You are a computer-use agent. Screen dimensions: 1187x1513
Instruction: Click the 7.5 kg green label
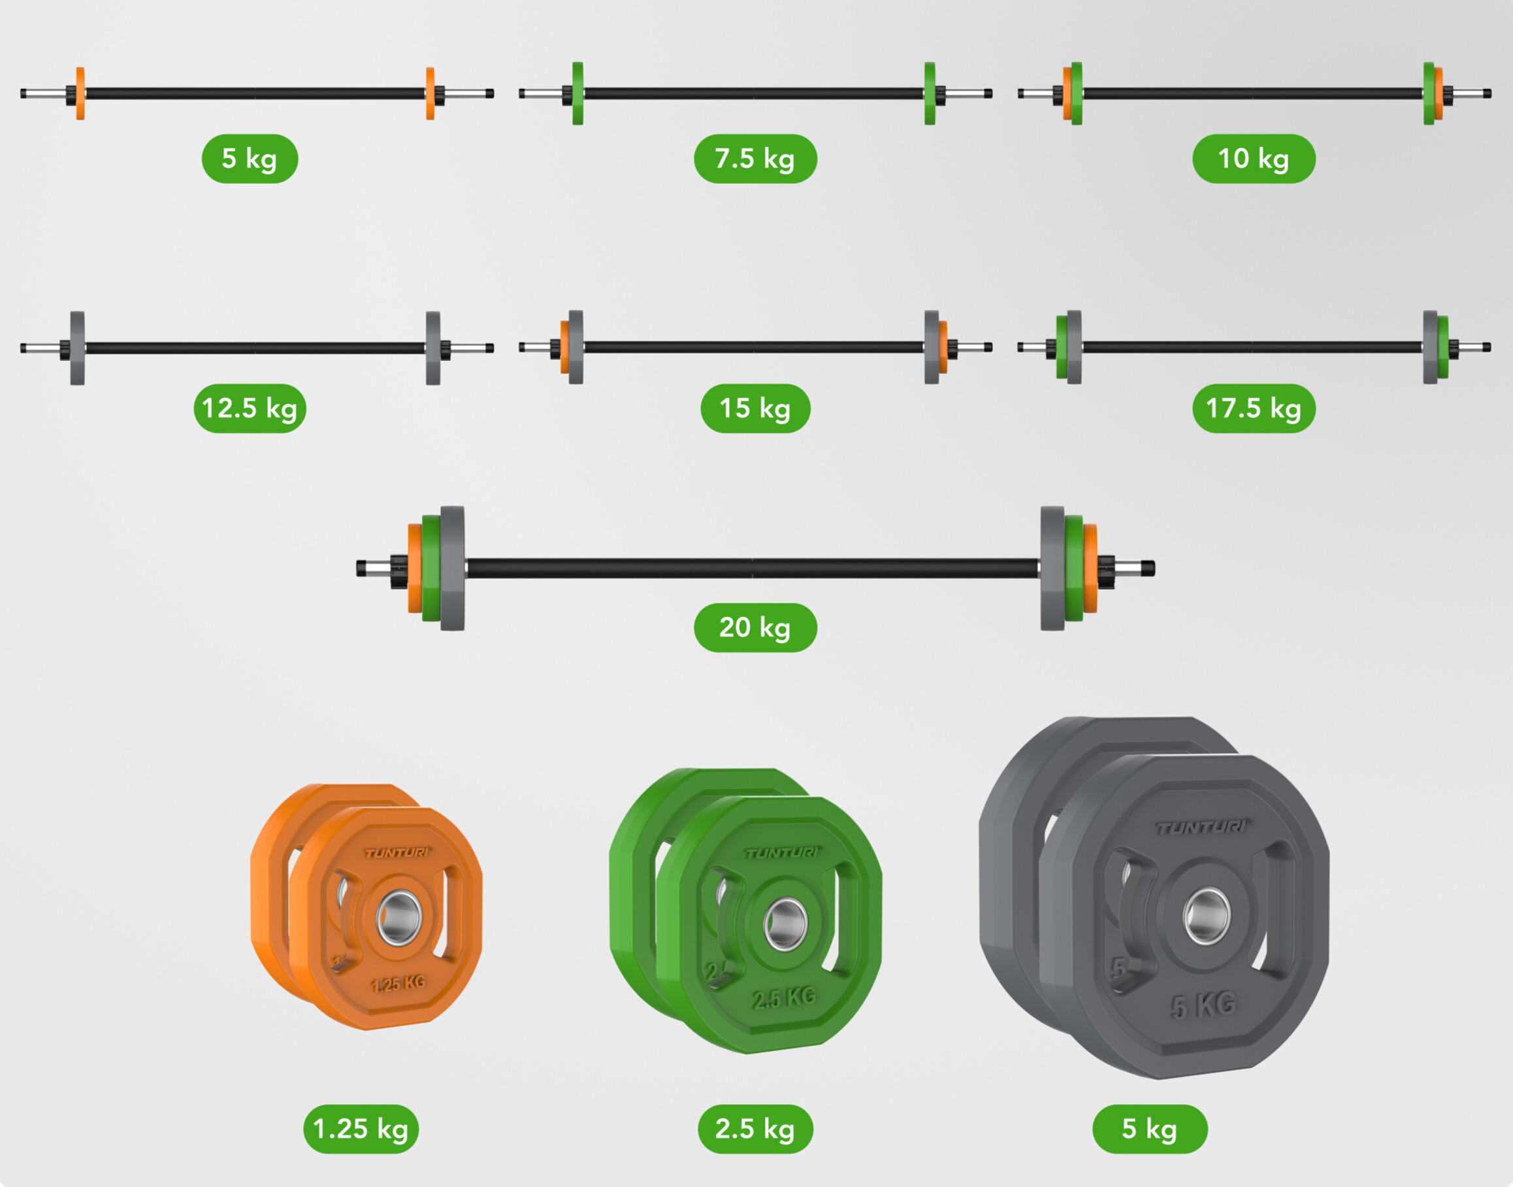click(x=755, y=158)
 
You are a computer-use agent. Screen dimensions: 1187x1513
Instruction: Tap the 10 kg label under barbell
click(x=1253, y=158)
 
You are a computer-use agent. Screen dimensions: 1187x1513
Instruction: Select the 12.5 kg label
click(x=250, y=408)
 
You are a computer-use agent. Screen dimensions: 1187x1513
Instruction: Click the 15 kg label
click(x=755, y=408)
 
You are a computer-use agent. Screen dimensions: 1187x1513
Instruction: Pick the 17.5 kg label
click(x=1253, y=408)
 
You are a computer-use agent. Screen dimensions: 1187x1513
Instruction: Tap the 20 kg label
click(x=755, y=627)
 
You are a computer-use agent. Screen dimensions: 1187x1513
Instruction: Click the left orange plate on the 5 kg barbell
click(x=80, y=93)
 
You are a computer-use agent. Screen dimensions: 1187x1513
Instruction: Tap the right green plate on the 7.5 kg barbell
click(x=930, y=93)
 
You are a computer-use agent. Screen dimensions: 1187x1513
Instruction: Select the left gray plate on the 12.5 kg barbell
click(x=77, y=348)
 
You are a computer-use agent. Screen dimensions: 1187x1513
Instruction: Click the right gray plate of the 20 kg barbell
click(x=1052, y=568)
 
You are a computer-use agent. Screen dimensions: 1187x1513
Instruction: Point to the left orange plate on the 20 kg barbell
click(x=414, y=568)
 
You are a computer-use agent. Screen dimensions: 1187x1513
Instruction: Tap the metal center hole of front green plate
click(x=785, y=924)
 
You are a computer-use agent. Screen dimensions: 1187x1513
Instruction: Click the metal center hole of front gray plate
click(x=1207, y=915)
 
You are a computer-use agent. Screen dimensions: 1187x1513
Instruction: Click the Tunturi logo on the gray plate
click(x=1202, y=828)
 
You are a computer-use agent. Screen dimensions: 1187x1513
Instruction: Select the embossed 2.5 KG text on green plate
click(x=783, y=998)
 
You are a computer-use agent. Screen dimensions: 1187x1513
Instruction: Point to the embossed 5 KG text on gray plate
click(x=1203, y=1005)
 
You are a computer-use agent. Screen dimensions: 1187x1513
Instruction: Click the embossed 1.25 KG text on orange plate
click(x=398, y=982)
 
